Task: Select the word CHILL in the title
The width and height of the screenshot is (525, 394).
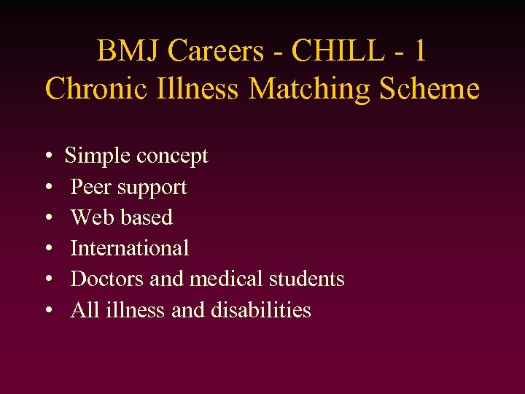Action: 337,52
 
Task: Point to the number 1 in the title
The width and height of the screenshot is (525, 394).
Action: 418,52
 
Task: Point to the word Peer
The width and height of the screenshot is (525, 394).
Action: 90,187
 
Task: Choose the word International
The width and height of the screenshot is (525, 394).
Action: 130,248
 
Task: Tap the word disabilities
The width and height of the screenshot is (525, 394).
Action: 261,309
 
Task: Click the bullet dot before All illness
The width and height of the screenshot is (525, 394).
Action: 47,311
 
